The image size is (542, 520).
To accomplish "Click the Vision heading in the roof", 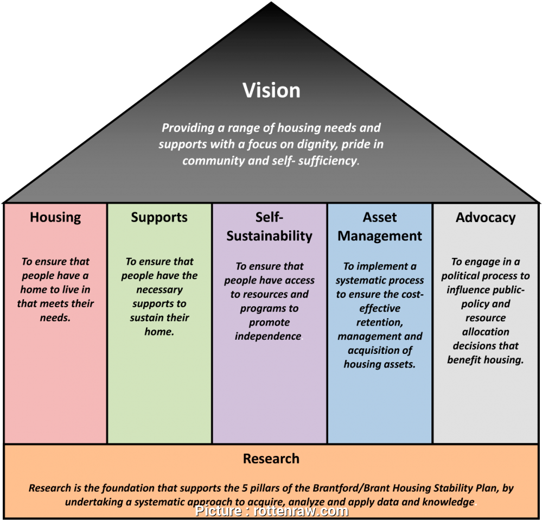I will pyautogui.click(x=271, y=90).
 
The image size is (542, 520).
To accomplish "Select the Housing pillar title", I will pyautogui.click(x=55, y=218).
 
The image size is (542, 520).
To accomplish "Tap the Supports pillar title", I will pyautogui.click(x=159, y=218).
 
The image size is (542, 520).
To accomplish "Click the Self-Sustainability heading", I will pyautogui.click(x=269, y=227).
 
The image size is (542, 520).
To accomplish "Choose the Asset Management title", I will pyautogui.click(x=380, y=227).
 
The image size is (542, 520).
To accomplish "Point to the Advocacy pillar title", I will pyautogui.click(x=486, y=218).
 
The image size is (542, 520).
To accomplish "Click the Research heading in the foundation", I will pyautogui.click(x=271, y=459).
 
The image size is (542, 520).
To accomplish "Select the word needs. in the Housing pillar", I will pyautogui.click(x=55, y=318).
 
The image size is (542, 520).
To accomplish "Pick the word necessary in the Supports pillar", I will pyautogui.click(x=159, y=290).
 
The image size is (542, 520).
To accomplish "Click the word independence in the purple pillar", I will pyautogui.click(x=268, y=337).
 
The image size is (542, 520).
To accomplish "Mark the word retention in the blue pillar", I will pyautogui.click(x=379, y=322).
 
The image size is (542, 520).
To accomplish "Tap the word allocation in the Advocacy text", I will pyautogui.click(x=486, y=332).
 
